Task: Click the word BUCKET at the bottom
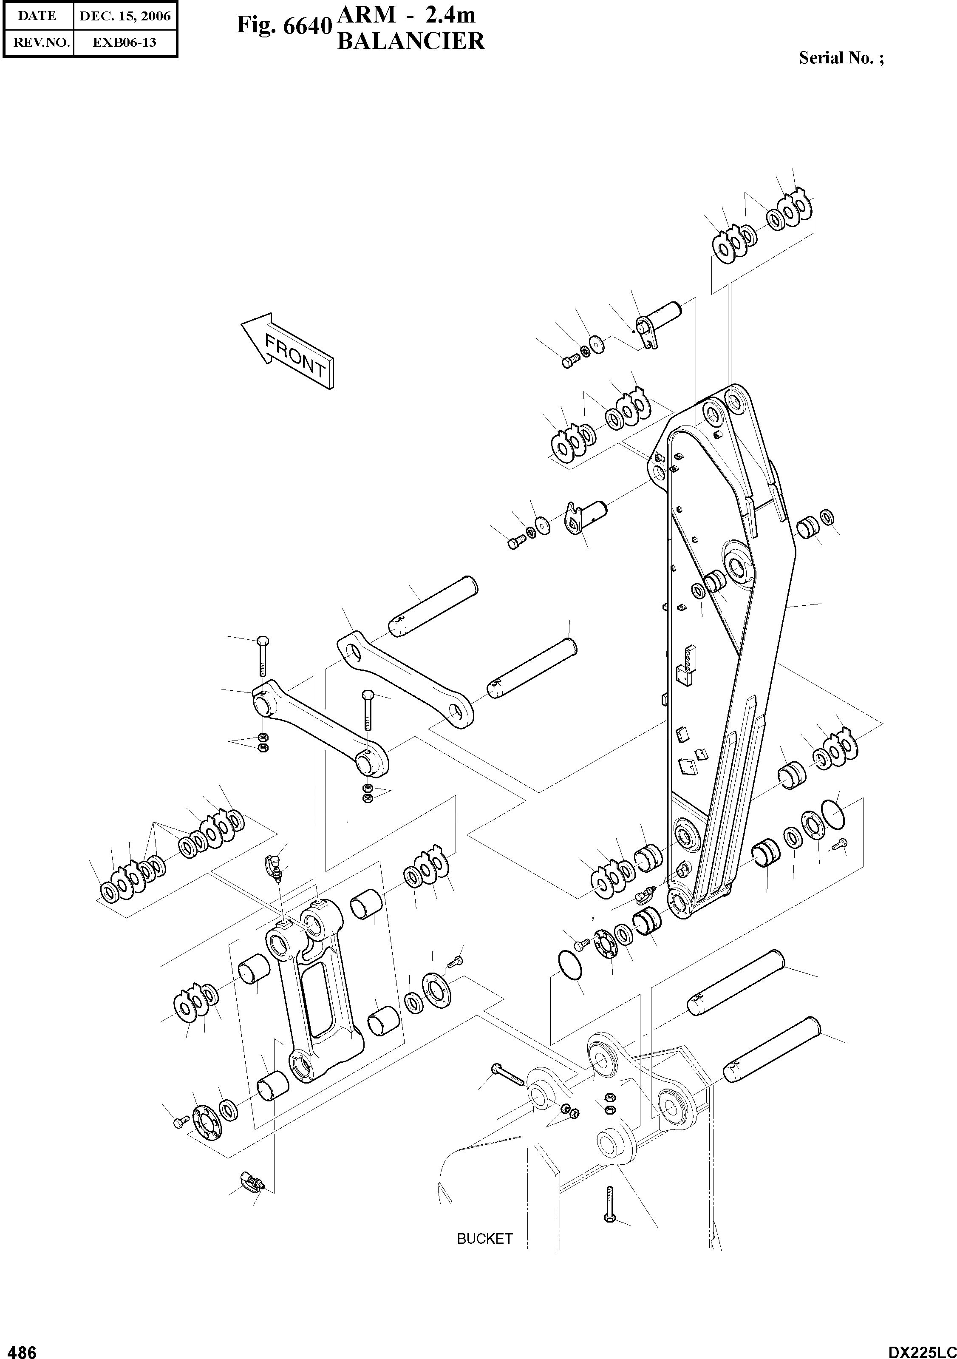484,1239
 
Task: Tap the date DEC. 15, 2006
125,16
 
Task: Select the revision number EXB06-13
125,43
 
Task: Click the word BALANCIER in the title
411,41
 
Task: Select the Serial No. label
841,58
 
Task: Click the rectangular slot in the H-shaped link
320,997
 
